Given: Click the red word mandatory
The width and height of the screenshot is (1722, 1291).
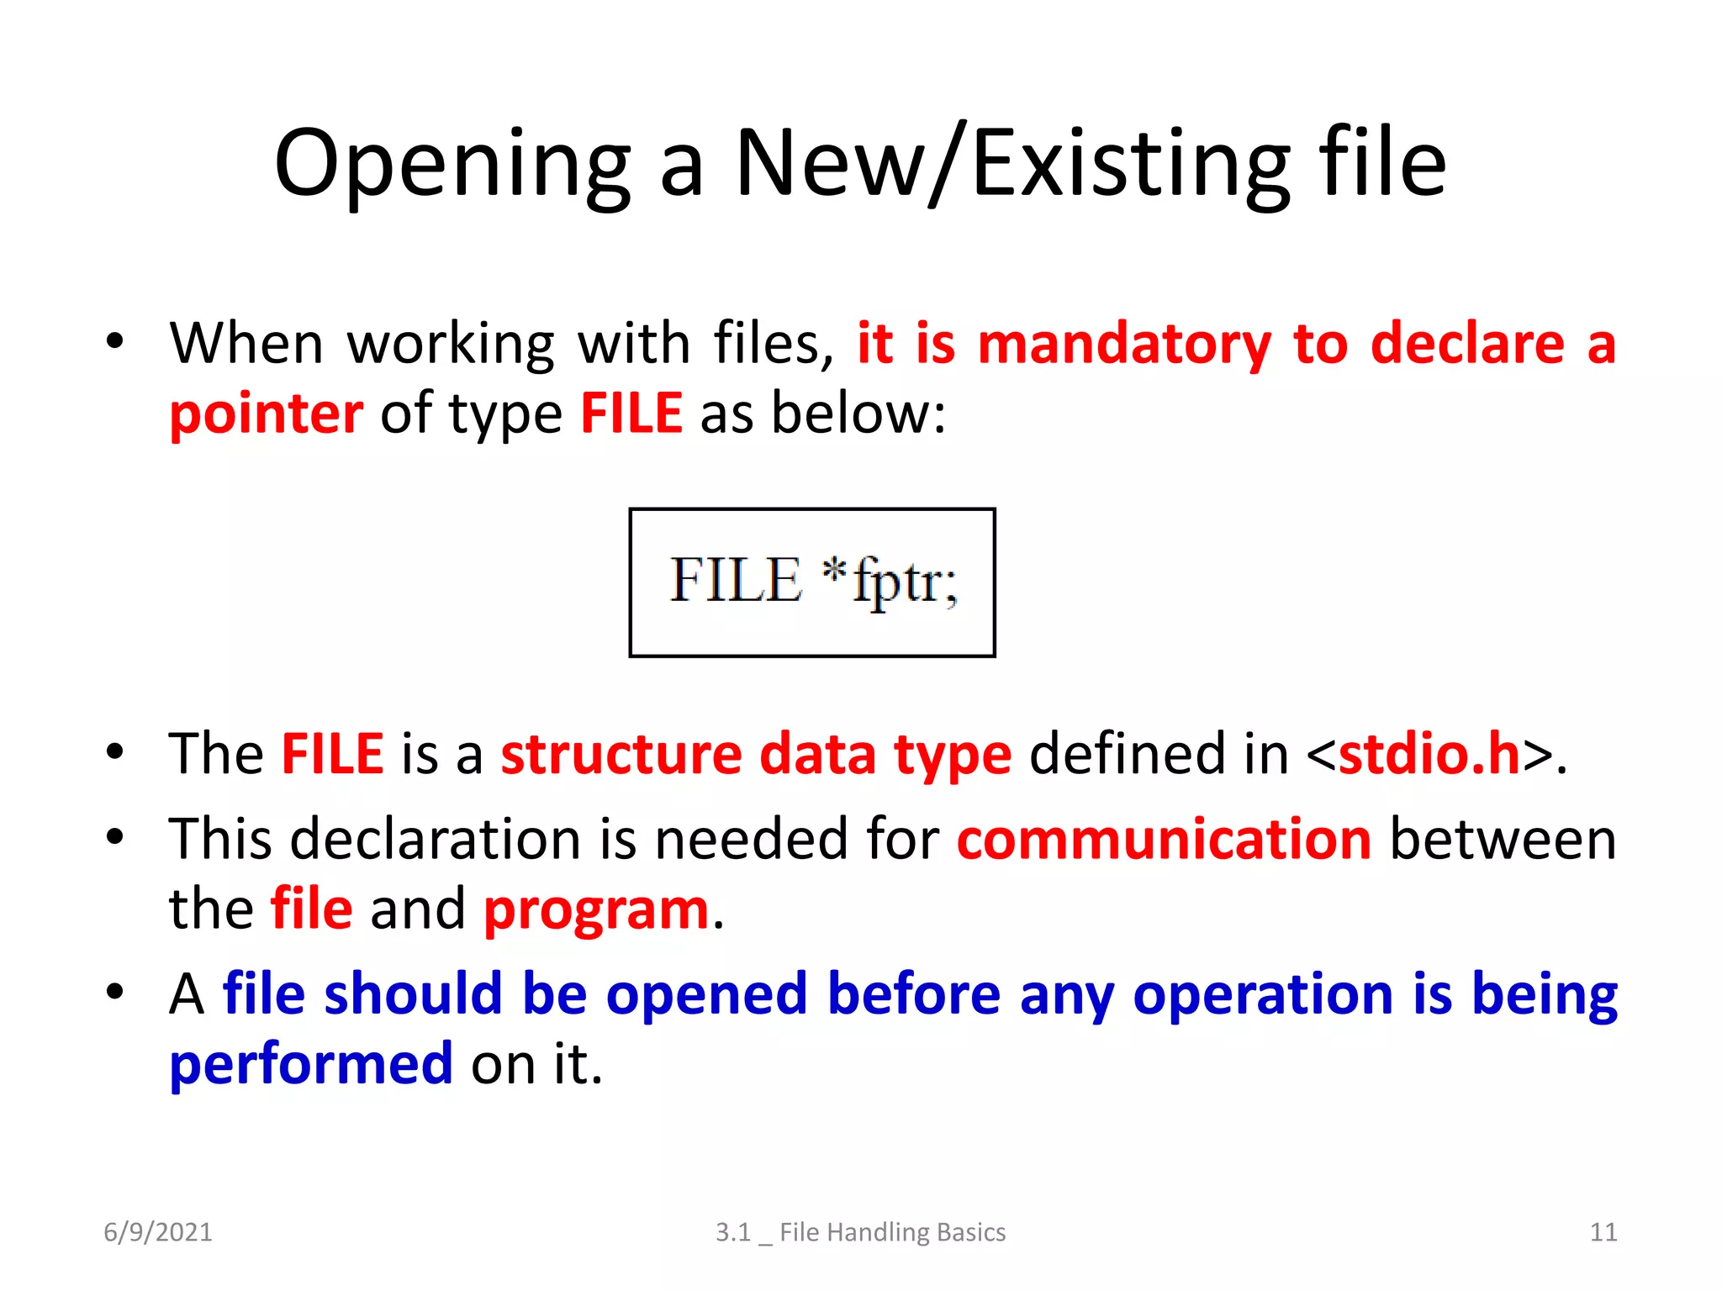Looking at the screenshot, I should [x=1124, y=345].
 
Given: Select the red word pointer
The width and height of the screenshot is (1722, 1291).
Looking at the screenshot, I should [x=266, y=414].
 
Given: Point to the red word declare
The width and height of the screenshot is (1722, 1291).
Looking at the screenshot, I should [x=1467, y=345].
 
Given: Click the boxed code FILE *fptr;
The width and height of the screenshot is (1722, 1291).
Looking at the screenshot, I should [x=812, y=582].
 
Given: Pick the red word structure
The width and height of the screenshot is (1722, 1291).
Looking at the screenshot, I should [x=621, y=753].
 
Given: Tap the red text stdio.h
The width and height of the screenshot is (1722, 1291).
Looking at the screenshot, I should [x=1429, y=753].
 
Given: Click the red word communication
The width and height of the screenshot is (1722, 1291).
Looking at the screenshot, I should [x=1164, y=839].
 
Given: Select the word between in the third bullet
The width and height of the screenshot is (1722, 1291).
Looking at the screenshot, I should [x=1503, y=839].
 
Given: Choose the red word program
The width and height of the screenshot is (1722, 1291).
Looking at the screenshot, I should [x=596, y=909].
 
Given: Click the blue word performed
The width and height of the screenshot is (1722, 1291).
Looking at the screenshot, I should [x=311, y=1064].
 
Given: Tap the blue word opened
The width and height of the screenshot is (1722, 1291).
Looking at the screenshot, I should [x=706, y=994].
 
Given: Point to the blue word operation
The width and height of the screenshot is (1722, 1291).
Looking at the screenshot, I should [x=1264, y=994].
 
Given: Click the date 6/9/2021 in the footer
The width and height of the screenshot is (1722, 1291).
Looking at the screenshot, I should [x=158, y=1232].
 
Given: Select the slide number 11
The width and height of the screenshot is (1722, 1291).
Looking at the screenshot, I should [x=1603, y=1232].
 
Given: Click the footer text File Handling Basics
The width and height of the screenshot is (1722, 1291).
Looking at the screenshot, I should [x=892, y=1232].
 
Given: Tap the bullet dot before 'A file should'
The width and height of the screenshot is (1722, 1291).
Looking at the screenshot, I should [x=115, y=992].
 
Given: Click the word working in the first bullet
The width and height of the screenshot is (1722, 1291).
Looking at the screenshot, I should [x=451, y=345].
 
